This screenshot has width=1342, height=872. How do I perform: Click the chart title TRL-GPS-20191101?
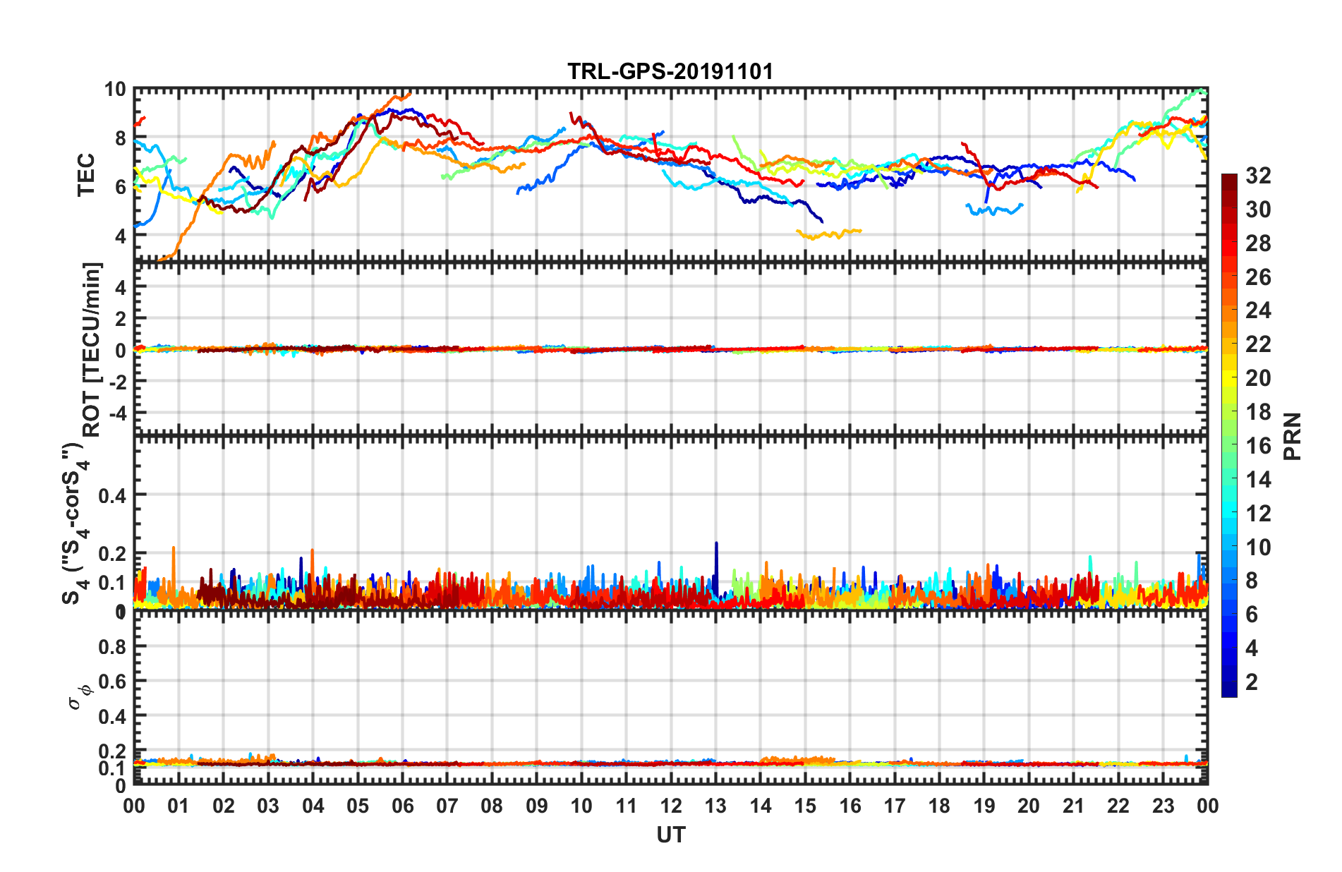coord(670,71)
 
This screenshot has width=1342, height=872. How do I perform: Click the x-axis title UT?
coord(670,835)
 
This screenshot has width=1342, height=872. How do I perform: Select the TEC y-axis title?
coord(86,175)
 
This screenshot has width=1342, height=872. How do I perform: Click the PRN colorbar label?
coord(1292,437)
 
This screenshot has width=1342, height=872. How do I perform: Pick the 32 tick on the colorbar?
coord(1258,176)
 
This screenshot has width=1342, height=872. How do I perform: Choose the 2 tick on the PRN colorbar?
coord(1252,682)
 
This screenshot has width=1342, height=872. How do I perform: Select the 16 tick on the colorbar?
coord(1258,445)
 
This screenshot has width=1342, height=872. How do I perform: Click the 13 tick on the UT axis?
coord(715,806)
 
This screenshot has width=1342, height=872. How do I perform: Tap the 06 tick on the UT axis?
coord(402,806)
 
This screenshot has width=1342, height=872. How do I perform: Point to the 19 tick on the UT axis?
coord(984,806)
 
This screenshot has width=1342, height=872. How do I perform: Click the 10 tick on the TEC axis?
coord(114,90)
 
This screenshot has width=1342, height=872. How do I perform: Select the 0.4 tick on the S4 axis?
coord(112,495)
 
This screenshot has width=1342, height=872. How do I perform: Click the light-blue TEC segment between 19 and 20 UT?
coord(995,209)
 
